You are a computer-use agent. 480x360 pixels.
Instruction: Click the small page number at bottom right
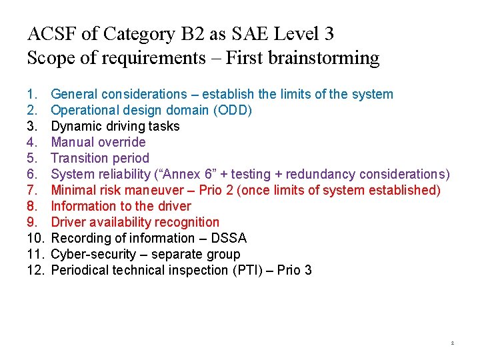click(452, 343)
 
